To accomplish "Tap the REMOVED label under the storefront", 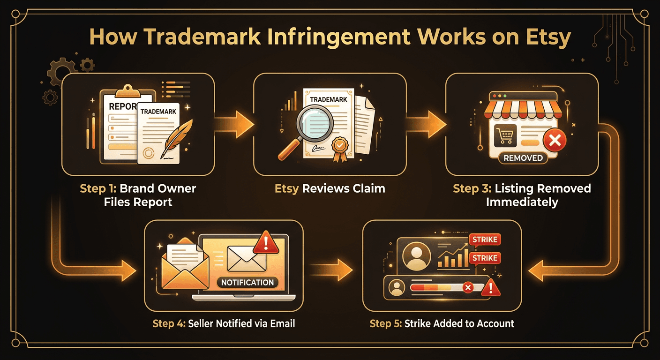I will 523,158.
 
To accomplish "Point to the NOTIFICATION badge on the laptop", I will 247,283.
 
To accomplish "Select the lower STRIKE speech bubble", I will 484,258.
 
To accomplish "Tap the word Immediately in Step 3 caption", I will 522,202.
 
